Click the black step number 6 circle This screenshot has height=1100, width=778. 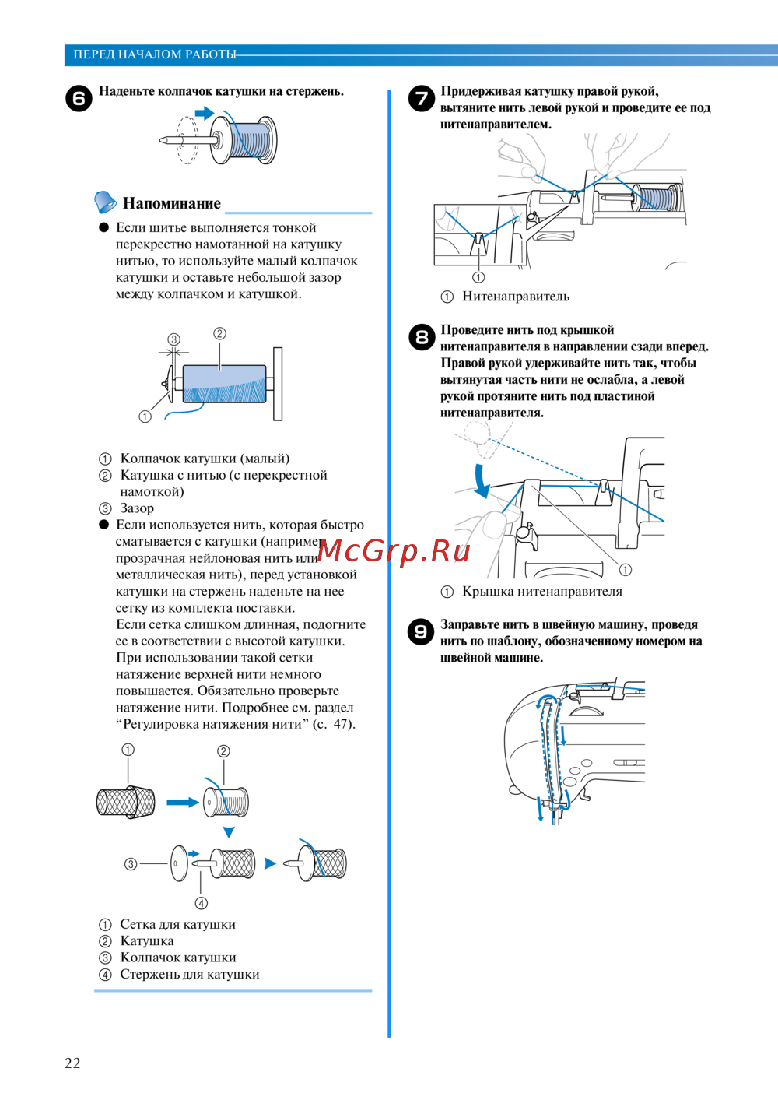[x=79, y=99]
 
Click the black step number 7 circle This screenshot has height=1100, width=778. [x=421, y=98]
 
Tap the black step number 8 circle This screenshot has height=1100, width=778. [x=421, y=336]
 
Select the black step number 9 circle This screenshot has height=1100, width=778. [x=421, y=631]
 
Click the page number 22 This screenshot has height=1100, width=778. [x=72, y=1063]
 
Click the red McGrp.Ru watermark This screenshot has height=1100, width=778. [x=394, y=551]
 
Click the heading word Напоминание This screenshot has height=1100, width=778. [x=172, y=204]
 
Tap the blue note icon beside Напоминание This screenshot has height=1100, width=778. [x=105, y=202]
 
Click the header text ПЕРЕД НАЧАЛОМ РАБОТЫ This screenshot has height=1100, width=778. [x=154, y=54]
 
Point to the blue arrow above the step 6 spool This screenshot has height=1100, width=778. [x=204, y=114]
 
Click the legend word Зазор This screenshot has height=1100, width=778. [x=137, y=508]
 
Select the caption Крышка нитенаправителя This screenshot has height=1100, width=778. [x=542, y=592]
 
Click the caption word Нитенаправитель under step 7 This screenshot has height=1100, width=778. [x=516, y=297]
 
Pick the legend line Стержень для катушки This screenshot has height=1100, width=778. [x=190, y=975]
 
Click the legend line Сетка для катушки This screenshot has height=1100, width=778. [x=177, y=925]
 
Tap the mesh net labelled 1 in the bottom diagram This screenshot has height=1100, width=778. [x=125, y=802]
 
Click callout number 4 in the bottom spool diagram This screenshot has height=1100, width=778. [x=202, y=903]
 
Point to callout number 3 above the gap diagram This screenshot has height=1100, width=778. [x=174, y=339]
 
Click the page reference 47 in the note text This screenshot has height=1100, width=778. [x=342, y=724]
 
